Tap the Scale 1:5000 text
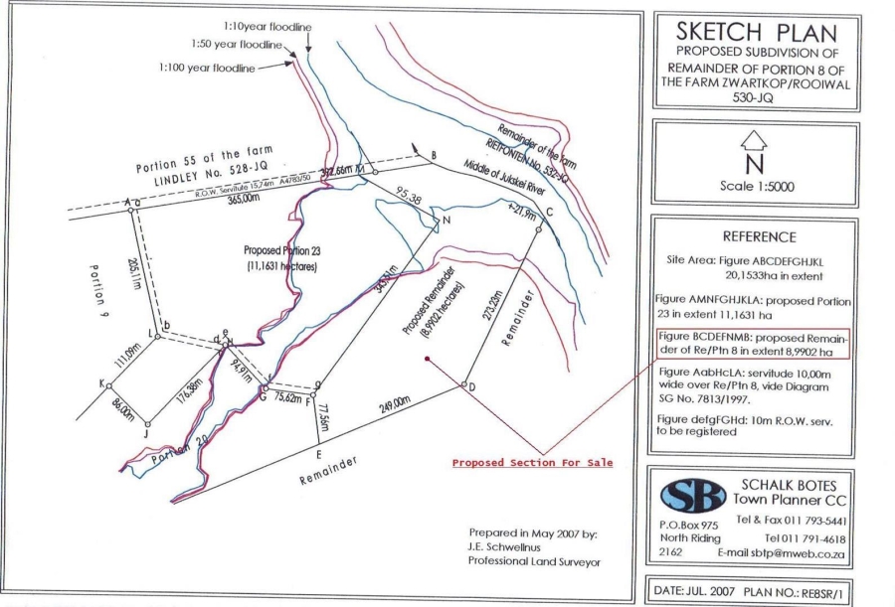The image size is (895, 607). tap(755, 185)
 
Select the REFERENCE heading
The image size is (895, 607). tap(754, 236)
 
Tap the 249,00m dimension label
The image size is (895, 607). tap(394, 402)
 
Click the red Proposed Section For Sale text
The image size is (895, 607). tap(532, 462)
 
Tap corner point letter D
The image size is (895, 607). tap(471, 386)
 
